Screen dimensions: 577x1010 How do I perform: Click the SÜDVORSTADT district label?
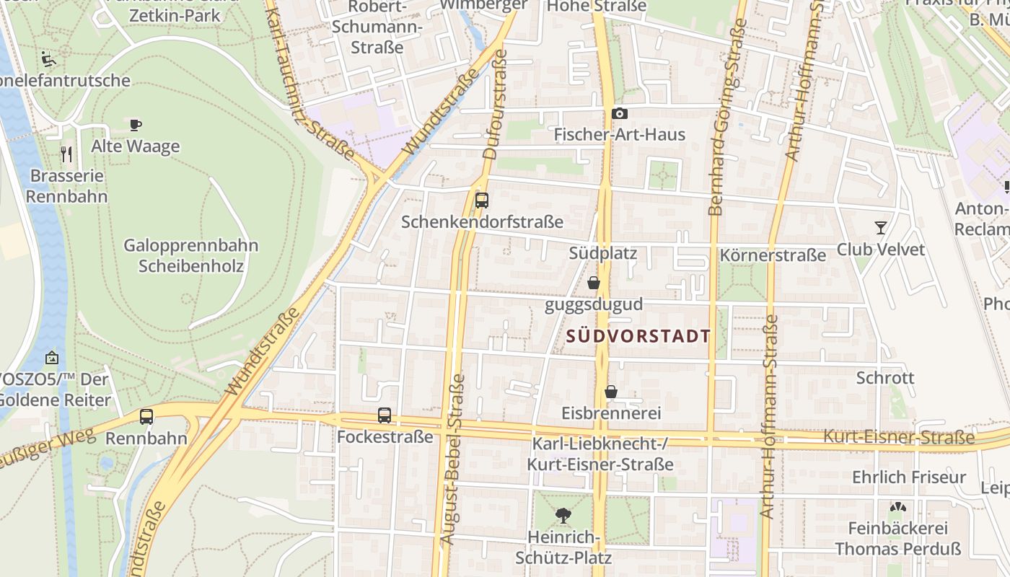click(638, 336)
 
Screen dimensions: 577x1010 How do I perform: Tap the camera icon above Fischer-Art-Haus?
click(619, 113)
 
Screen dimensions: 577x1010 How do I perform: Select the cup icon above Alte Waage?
click(135, 125)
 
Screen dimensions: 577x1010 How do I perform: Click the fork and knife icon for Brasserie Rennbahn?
click(66, 154)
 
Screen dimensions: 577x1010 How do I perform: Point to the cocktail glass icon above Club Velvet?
click(880, 228)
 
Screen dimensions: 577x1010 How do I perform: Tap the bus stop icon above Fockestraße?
click(385, 415)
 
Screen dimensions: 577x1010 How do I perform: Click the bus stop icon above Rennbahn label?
click(146, 416)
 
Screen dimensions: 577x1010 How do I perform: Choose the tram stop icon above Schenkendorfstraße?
click(482, 201)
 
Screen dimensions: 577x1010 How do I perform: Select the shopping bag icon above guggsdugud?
click(593, 283)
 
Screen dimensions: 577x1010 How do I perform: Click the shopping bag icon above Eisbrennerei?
click(611, 392)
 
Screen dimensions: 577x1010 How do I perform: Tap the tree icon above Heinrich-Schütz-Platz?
click(563, 515)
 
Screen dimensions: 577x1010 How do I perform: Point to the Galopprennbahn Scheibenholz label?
click(191, 255)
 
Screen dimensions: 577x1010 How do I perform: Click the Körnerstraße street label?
click(773, 255)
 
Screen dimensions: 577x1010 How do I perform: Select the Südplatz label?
click(602, 253)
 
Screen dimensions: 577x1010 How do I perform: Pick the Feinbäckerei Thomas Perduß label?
click(898, 538)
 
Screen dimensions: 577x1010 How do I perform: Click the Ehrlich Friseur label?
click(908, 477)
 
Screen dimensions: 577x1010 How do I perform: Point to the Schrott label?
click(885, 378)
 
